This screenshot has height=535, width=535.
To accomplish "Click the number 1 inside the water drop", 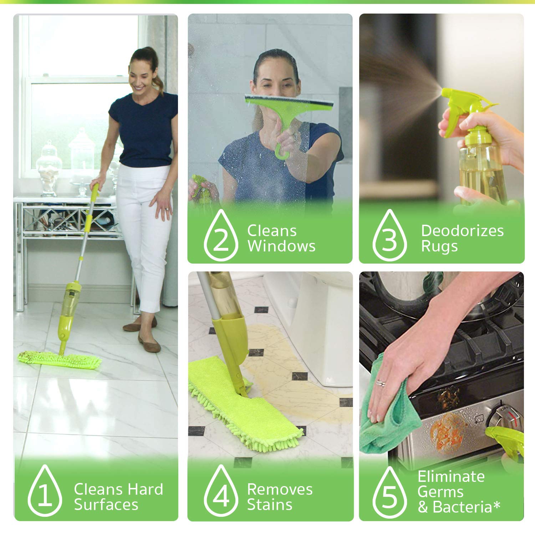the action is pyautogui.click(x=45, y=496).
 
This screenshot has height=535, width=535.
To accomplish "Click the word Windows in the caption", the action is pyautogui.click(x=281, y=246).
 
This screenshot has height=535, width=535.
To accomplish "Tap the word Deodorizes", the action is pyautogui.click(x=462, y=230).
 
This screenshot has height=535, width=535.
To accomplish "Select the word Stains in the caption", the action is pyautogui.click(x=270, y=504).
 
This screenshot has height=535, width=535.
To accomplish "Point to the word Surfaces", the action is pyautogui.click(x=106, y=504).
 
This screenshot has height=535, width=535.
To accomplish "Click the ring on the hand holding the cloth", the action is pyautogui.click(x=381, y=383).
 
